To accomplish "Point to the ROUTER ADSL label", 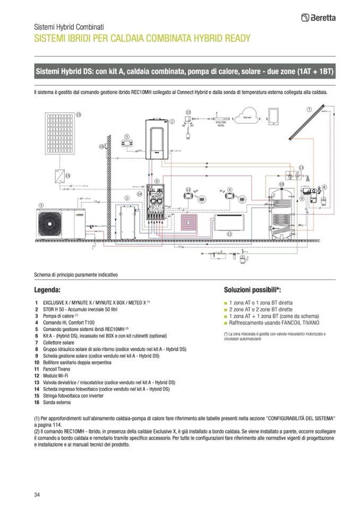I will (219, 123).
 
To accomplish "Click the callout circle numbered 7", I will (308, 109).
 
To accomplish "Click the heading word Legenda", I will (47, 290).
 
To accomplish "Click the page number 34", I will (37, 495).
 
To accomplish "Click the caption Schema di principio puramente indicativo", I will (75, 274).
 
